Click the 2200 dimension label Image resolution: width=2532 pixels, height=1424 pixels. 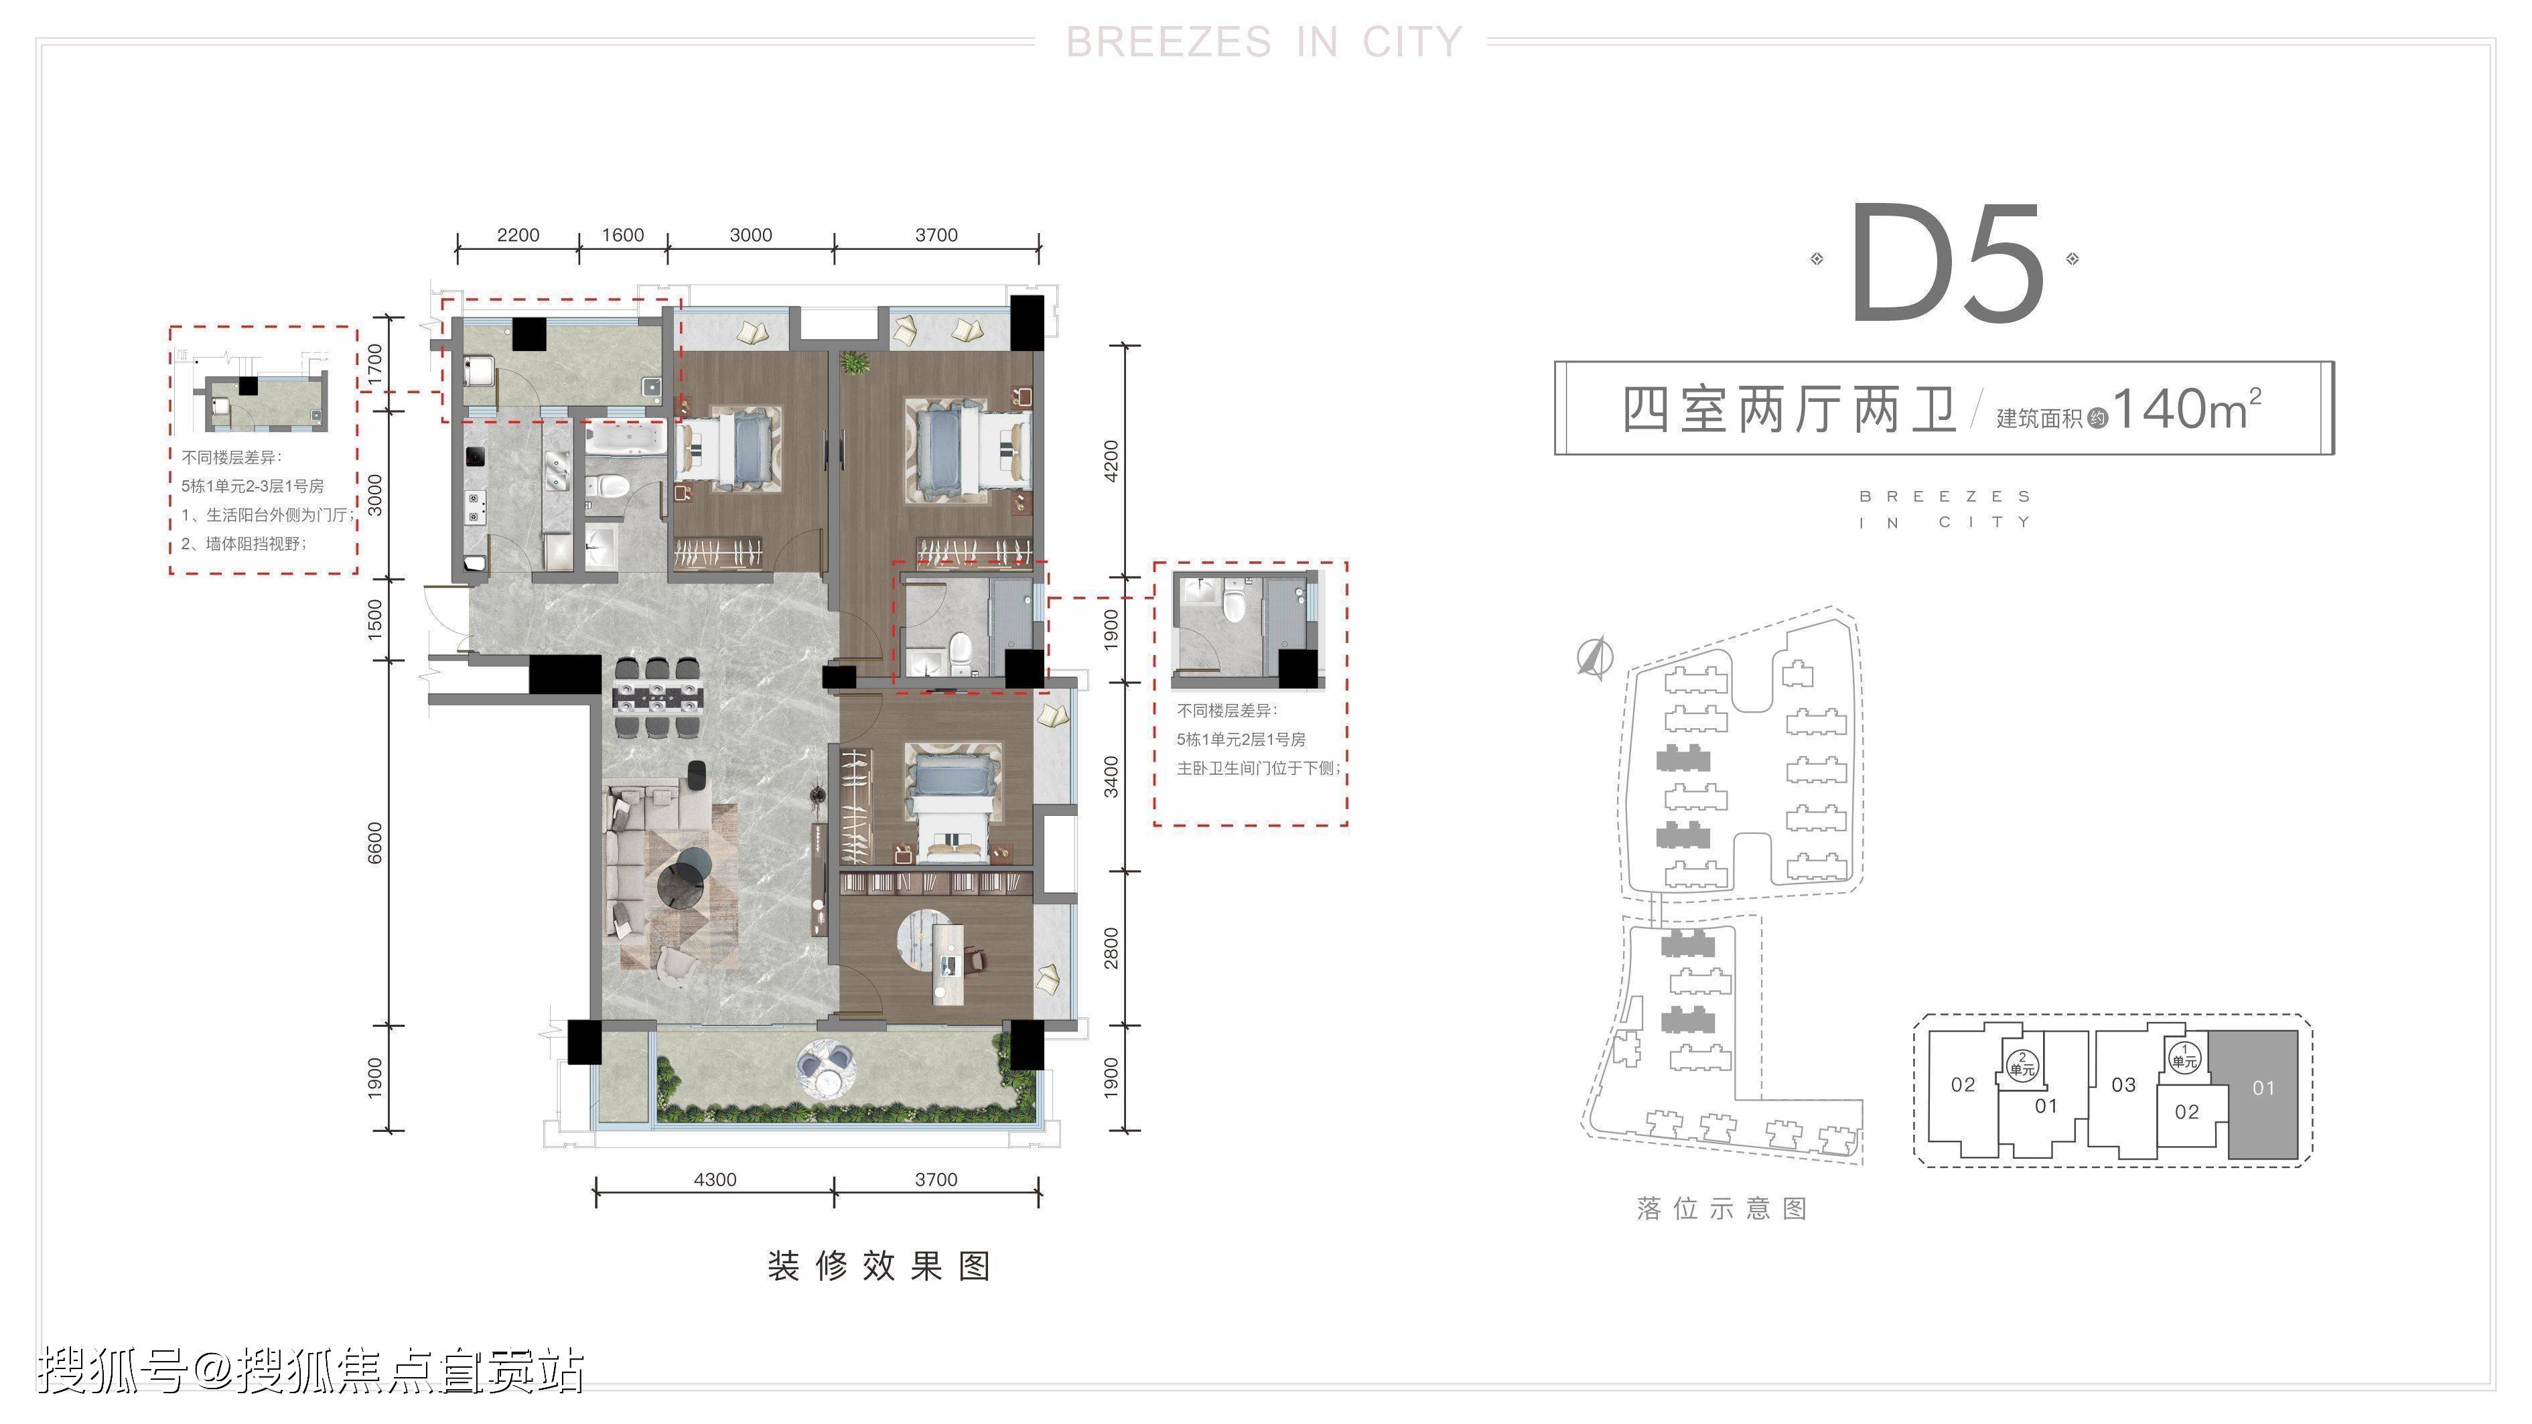[x=518, y=235]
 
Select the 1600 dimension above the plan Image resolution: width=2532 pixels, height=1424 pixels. [x=623, y=235]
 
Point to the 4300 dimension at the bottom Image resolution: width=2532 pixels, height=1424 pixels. [x=715, y=1180]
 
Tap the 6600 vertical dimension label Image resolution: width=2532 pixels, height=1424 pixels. [x=374, y=843]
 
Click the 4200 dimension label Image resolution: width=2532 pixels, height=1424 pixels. [x=1111, y=461]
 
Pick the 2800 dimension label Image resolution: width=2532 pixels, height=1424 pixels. [x=1111, y=948]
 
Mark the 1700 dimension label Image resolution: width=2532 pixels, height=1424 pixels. [x=374, y=366]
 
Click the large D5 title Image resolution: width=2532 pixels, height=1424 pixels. [x=1947, y=263]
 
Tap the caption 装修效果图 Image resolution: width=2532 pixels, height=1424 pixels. [x=879, y=1266]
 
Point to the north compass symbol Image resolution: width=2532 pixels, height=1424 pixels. [x=1594, y=658]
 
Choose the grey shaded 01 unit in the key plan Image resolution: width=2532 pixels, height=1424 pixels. [x=2263, y=1094]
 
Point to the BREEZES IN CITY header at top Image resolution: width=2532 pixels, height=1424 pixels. [x=1264, y=42]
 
